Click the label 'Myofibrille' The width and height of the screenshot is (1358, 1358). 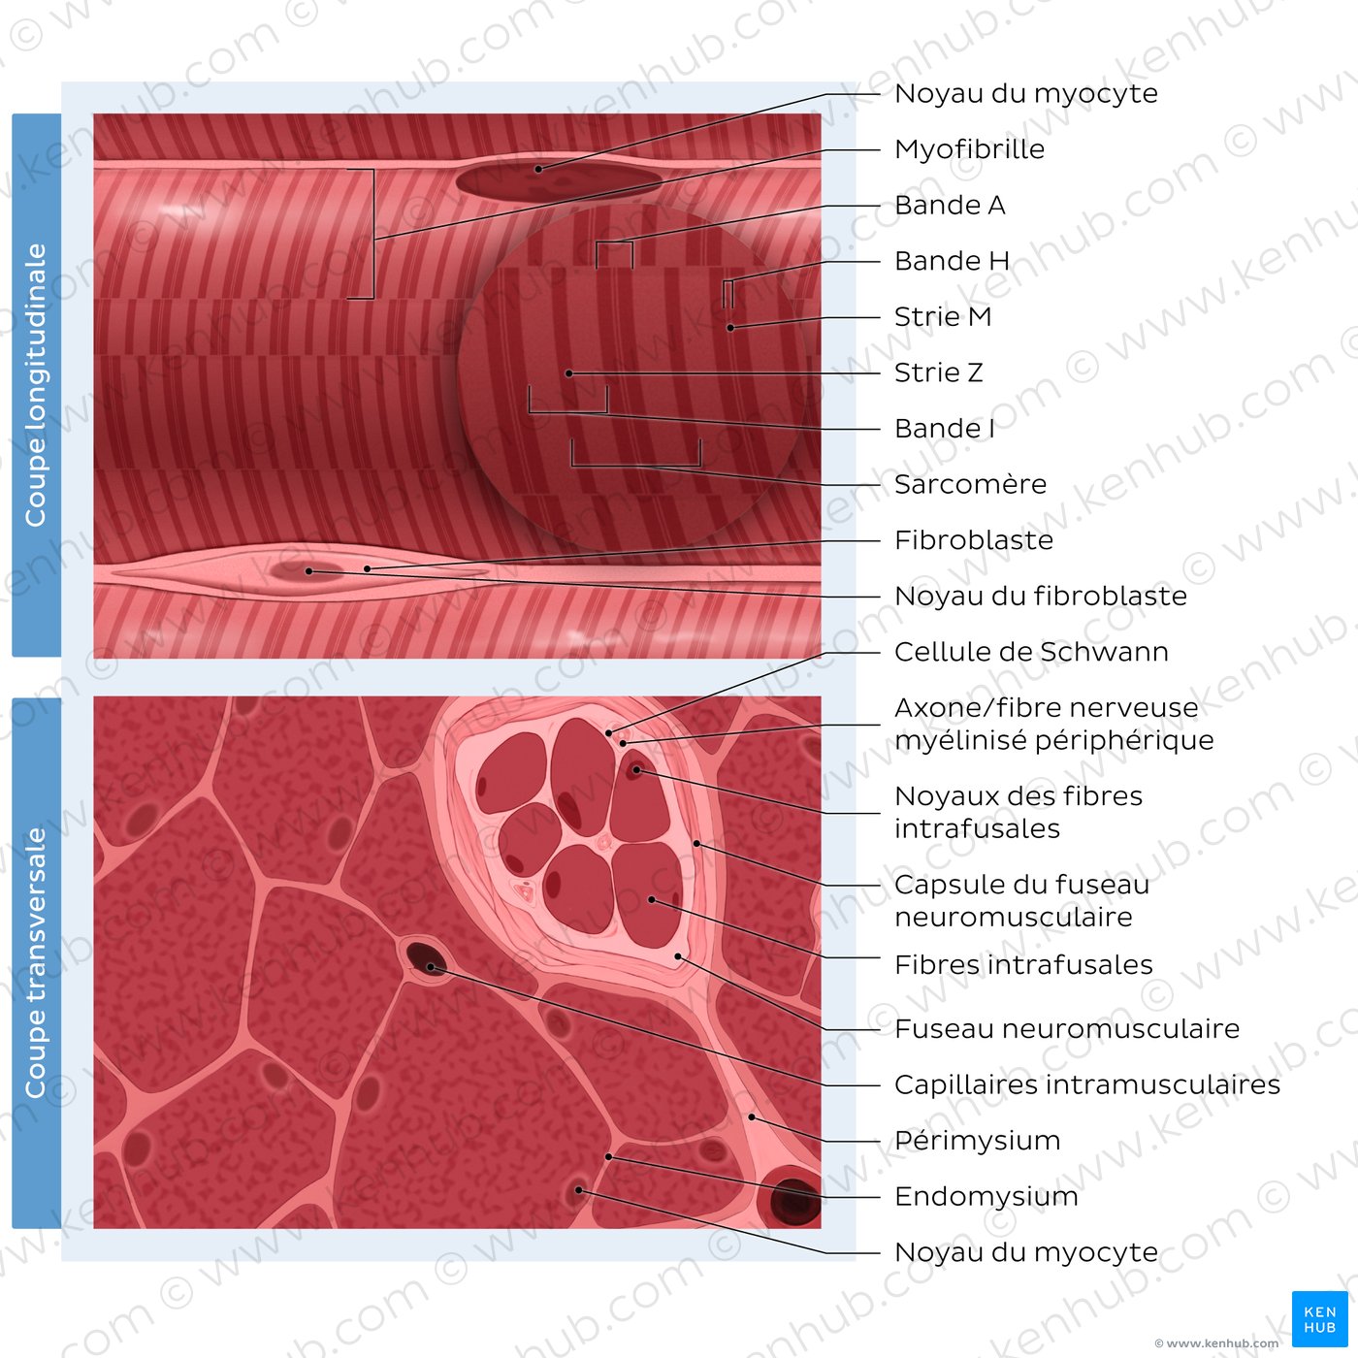click(969, 149)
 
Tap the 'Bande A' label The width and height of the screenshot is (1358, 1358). click(950, 205)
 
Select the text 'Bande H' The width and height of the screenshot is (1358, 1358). click(952, 261)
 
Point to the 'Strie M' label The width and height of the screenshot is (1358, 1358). click(942, 316)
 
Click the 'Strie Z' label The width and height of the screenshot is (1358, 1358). click(938, 372)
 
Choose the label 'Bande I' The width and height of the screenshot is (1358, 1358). click(945, 429)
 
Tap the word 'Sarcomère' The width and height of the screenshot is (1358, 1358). click(970, 484)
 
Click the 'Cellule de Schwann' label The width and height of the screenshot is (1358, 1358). click(1031, 652)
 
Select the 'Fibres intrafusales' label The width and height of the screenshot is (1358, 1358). click(1023, 965)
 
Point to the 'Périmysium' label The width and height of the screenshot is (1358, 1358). click(978, 1141)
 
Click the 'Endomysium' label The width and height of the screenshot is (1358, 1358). click(986, 1197)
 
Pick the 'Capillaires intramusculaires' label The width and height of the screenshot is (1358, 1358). click(1086, 1084)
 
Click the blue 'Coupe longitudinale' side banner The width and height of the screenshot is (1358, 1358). click(37, 385)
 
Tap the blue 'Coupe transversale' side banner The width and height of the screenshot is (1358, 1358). click(37, 962)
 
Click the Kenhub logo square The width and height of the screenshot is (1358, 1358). click(1319, 1319)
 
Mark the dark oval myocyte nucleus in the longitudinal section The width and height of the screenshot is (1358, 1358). click(558, 180)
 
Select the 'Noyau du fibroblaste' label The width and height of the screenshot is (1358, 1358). click(1040, 597)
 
